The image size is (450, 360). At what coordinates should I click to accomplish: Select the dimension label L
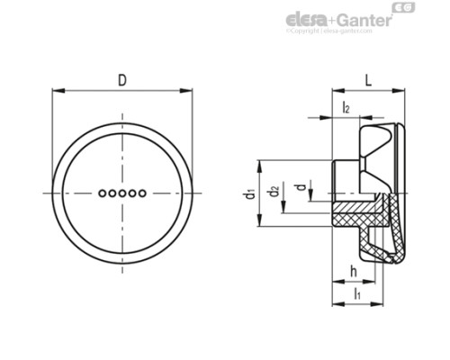[368, 80]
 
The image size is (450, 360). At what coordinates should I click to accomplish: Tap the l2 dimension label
[346, 108]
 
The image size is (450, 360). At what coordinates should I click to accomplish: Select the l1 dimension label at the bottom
[357, 293]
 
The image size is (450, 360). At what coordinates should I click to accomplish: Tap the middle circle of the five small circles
[121, 193]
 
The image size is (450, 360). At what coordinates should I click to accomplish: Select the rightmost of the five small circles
[142, 193]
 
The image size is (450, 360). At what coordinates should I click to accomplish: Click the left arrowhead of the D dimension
[56, 91]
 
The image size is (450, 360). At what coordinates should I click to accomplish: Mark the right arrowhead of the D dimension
[192, 91]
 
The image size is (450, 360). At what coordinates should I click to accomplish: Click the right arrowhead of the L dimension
[399, 91]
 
